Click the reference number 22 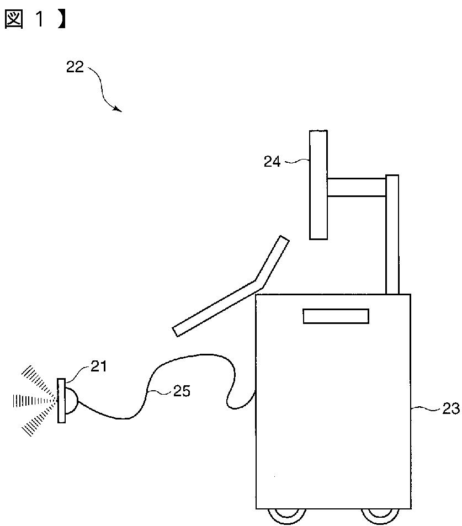click(x=75, y=67)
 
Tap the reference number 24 click(x=272, y=162)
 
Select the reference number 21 click(x=99, y=366)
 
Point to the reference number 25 click(x=182, y=391)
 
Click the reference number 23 click(x=451, y=408)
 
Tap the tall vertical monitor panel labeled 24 click(x=318, y=185)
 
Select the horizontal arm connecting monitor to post click(x=357, y=187)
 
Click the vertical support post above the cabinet click(x=392, y=235)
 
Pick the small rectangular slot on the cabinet click(x=336, y=316)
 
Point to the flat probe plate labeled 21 click(x=61, y=401)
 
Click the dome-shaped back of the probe click(x=71, y=401)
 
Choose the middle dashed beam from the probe click(x=33, y=401)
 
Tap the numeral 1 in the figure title click(x=39, y=19)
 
